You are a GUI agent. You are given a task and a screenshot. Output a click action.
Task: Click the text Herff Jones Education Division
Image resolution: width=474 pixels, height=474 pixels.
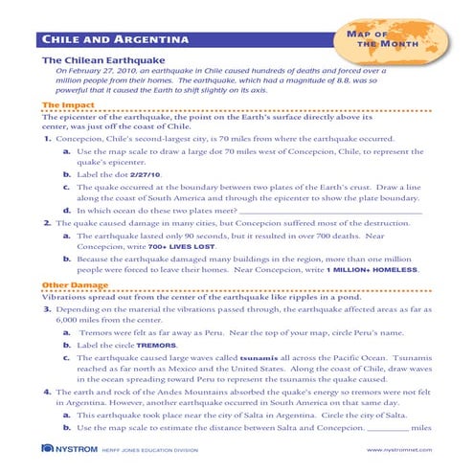point(156,451)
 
